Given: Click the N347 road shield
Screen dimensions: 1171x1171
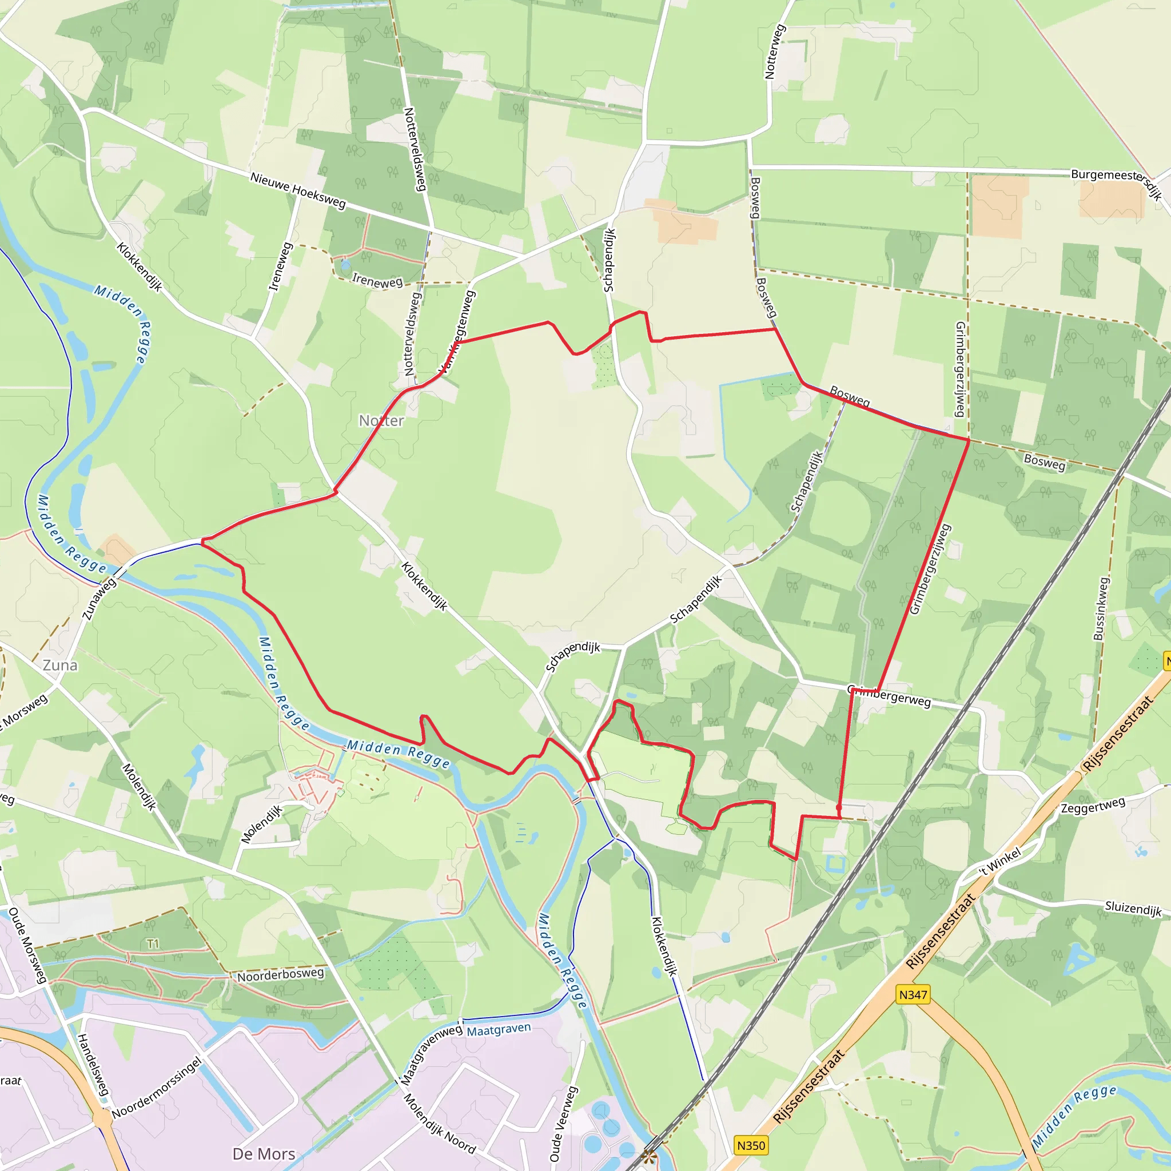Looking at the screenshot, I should click(913, 995).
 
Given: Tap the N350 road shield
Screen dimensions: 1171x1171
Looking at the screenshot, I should click(751, 1145).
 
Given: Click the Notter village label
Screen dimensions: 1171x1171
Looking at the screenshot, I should click(381, 421).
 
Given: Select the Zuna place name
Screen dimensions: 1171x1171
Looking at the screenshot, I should click(60, 665).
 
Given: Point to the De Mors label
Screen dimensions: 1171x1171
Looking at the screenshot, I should click(264, 1153).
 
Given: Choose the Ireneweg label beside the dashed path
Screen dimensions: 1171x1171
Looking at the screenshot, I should click(377, 281).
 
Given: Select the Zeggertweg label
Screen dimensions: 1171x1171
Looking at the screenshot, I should click(1093, 806).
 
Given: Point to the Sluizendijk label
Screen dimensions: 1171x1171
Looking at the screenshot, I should click(1133, 909).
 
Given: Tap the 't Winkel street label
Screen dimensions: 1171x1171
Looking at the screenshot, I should click(1000, 861).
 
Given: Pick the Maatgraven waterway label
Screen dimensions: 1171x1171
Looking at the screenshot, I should click(499, 1029).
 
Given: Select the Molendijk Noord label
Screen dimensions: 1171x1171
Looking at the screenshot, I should click(440, 1123).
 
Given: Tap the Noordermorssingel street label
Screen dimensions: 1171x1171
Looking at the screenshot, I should click(156, 1088).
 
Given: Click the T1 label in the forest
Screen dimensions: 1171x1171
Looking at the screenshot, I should click(153, 943).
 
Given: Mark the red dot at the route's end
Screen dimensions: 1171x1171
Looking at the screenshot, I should click(839, 808).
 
